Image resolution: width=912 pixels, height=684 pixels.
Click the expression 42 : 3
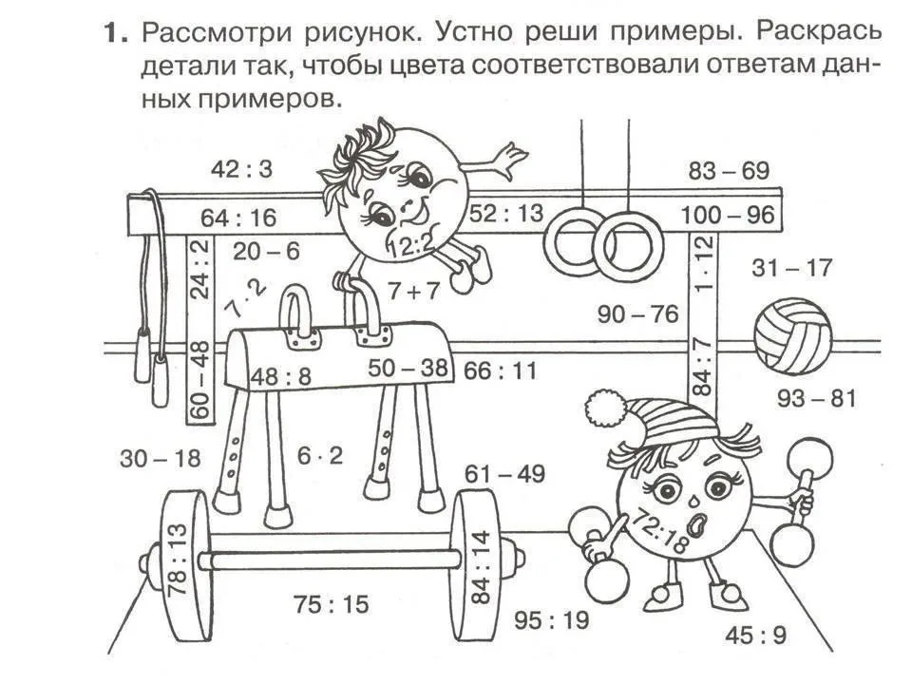241,169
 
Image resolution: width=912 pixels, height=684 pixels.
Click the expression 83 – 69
730,171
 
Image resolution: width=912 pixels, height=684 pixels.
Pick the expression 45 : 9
755,635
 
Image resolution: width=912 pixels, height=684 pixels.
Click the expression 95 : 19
551,620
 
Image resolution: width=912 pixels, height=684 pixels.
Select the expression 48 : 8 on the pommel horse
280,376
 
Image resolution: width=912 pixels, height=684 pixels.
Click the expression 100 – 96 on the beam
728,216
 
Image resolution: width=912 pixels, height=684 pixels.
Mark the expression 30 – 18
161,459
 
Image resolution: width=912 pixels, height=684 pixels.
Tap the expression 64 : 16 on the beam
238,218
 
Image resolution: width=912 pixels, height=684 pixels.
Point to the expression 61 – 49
504,474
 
